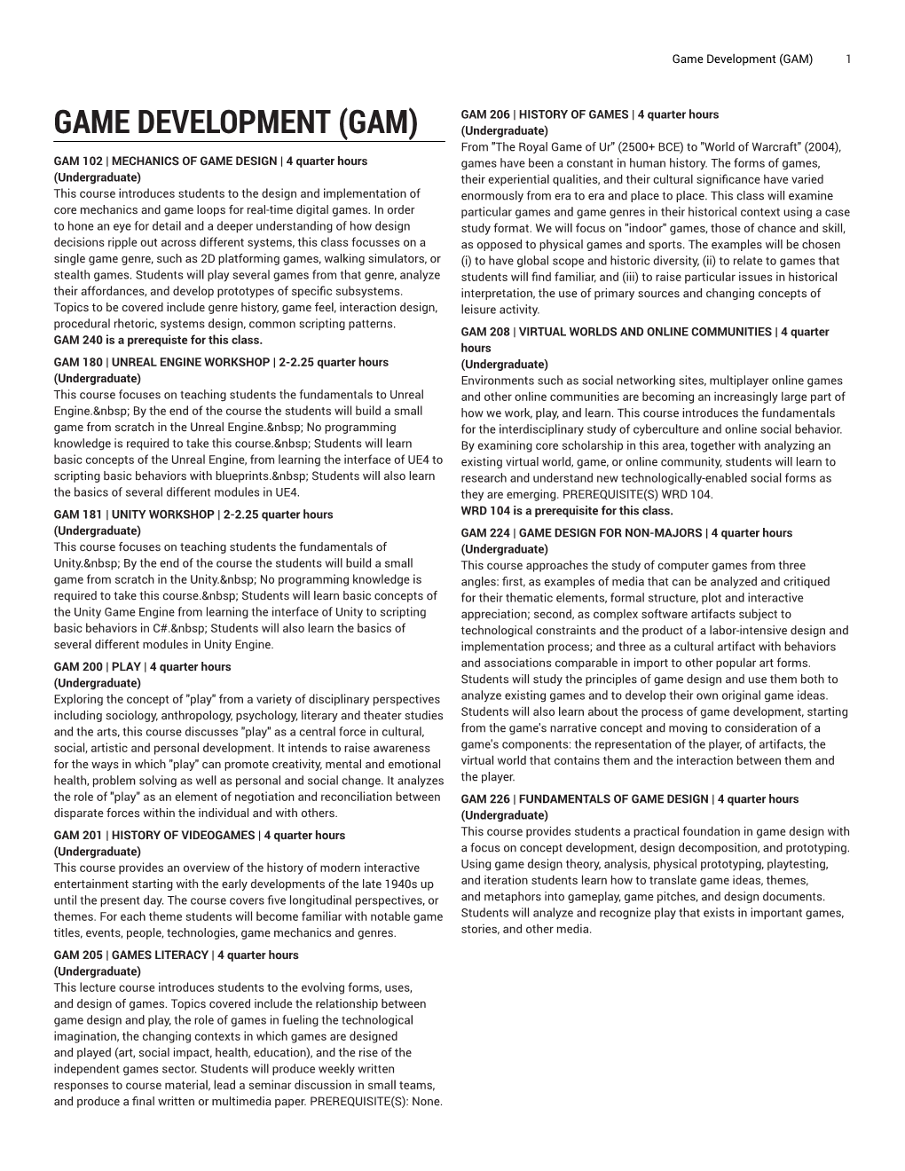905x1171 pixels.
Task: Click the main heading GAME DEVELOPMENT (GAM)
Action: click(235, 122)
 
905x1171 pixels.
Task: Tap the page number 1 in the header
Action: click(849, 59)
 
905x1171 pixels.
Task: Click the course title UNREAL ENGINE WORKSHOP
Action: click(191, 362)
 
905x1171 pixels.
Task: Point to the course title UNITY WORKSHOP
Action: click(163, 515)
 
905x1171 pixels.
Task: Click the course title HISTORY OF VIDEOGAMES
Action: click(184, 836)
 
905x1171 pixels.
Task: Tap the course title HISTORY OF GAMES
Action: click(573, 114)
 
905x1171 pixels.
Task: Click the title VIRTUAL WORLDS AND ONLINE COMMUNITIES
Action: click(645, 332)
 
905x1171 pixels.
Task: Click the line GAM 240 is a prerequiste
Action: click(158, 340)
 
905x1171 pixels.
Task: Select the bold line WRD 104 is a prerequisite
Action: click(567, 511)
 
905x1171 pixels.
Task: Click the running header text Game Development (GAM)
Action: click(742, 59)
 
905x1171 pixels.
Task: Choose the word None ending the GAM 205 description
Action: click(425, 1102)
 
